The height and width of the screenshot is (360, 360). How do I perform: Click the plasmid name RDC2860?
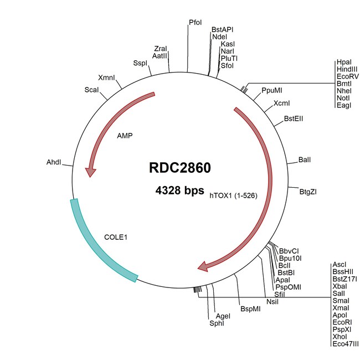click(180, 167)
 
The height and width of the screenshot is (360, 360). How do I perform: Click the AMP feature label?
click(125, 135)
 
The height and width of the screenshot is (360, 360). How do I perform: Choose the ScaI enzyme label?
click(92, 89)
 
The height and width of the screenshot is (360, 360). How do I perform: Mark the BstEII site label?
click(293, 118)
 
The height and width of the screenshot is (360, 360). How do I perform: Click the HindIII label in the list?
click(348, 70)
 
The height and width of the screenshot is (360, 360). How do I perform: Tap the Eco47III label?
click(346, 344)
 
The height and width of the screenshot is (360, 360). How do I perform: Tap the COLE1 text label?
click(116, 237)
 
